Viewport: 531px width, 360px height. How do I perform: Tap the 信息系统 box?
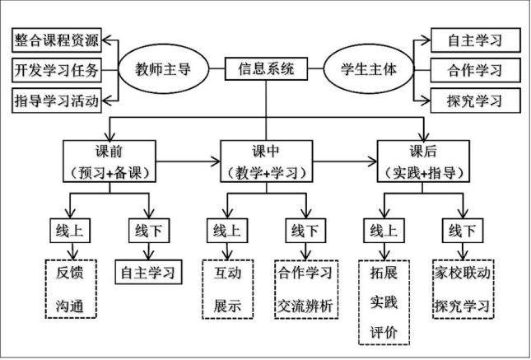(266, 69)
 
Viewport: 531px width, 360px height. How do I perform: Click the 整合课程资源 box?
(57, 40)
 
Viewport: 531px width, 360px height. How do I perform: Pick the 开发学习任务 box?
(57, 70)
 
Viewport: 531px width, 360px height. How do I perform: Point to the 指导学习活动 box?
(57, 101)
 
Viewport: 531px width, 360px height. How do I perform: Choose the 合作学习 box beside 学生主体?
(475, 70)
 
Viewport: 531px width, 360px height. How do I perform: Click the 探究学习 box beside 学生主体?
(475, 101)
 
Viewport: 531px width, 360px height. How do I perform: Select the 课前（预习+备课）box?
(109, 161)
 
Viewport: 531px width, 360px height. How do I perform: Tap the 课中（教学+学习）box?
(266, 161)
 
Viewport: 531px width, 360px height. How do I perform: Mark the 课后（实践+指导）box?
(423, 161)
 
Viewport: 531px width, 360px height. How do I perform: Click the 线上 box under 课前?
(70, 231)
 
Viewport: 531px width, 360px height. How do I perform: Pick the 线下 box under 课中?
(305, 231)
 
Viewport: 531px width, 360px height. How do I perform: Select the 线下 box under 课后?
(463, 231)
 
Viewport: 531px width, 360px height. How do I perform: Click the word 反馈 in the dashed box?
(70, 273)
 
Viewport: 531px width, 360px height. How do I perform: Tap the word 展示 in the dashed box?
(227, 306)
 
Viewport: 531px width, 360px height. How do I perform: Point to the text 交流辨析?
(305, 306)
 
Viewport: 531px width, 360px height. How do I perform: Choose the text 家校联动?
(463, 273)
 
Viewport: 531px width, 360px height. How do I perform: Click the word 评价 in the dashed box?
(384, 332)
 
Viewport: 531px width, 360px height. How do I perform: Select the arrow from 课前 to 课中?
(188, 161)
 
